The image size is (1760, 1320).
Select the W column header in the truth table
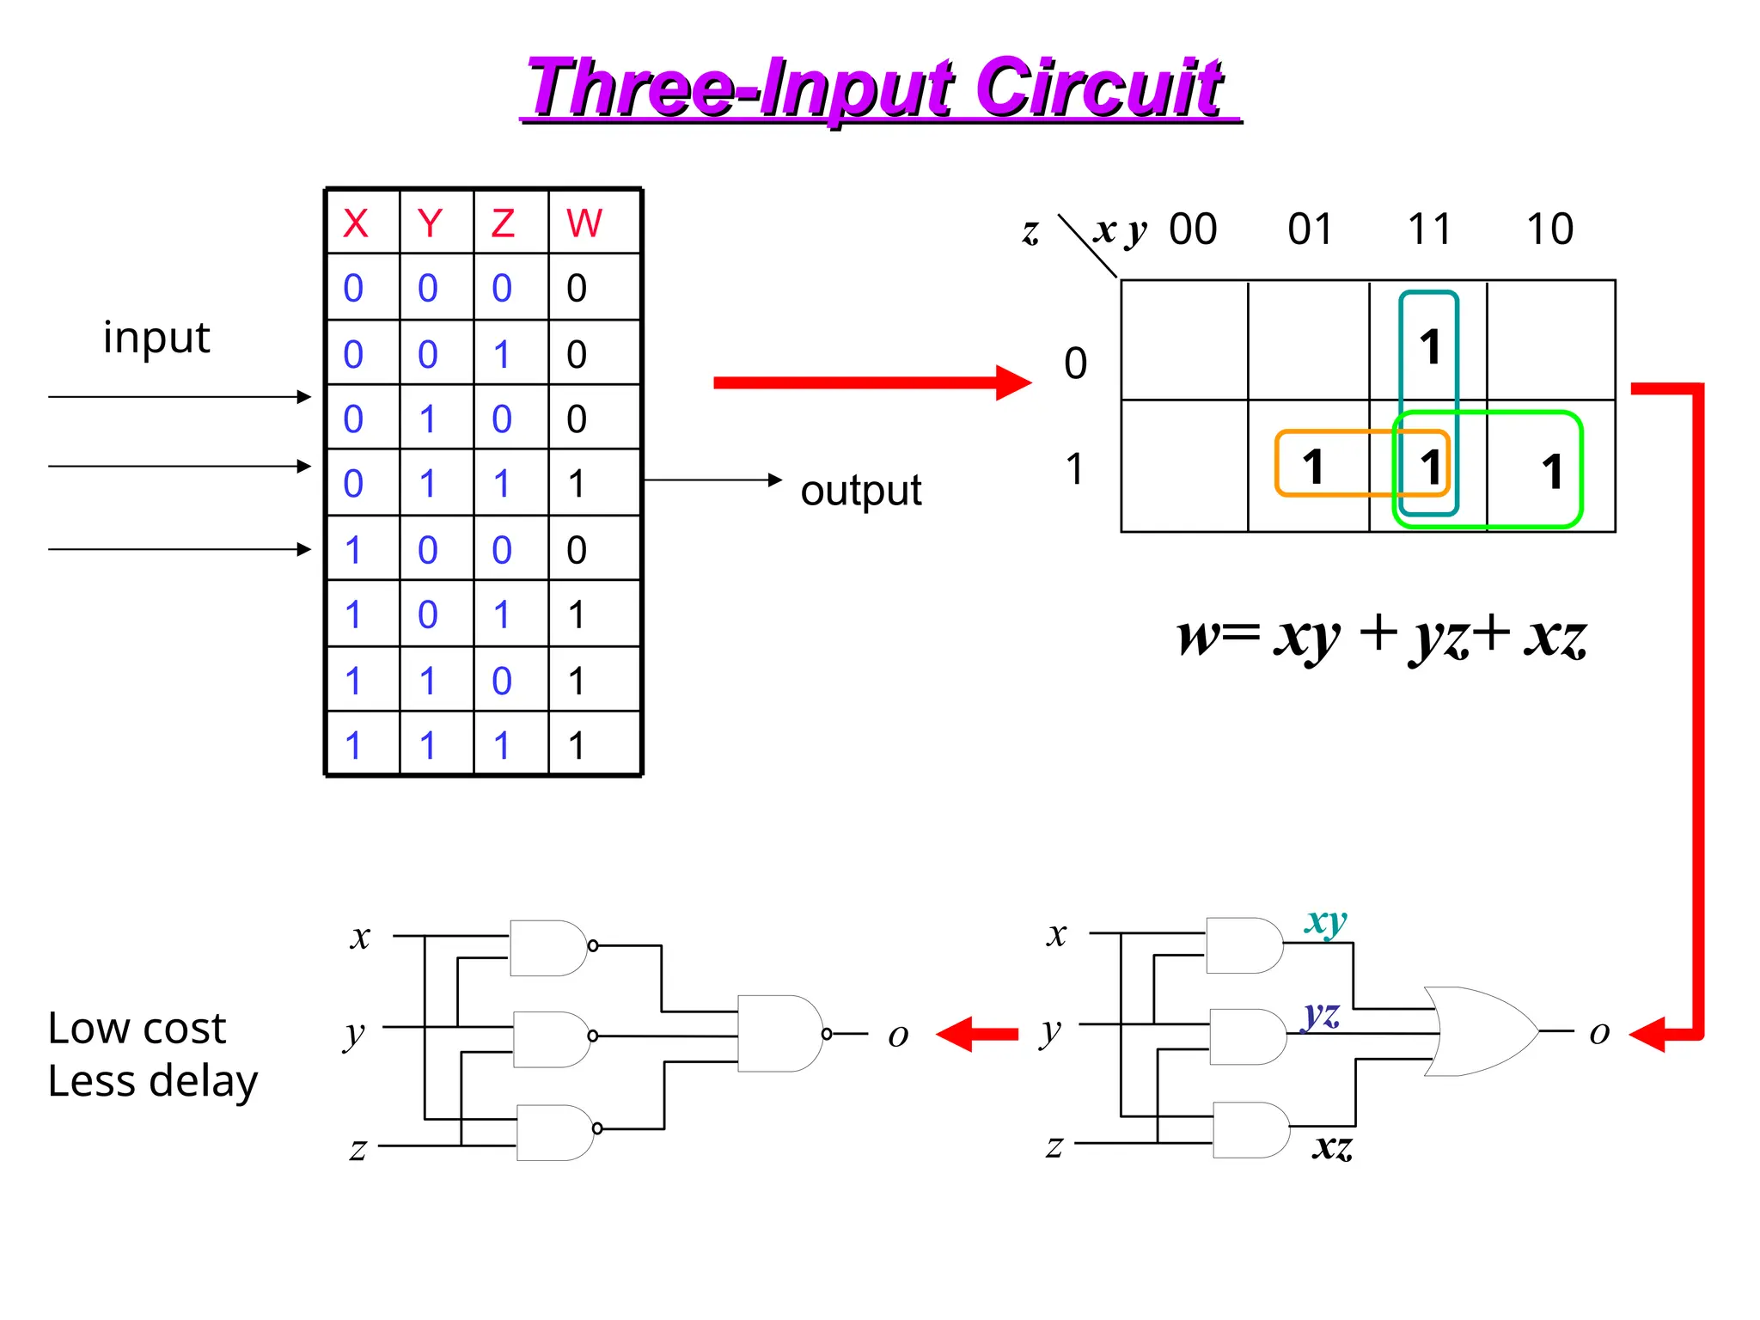584,223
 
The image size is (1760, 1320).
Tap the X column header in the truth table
355,223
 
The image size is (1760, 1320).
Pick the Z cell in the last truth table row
502,745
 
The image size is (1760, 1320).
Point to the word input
156,338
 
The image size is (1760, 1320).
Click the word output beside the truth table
860,491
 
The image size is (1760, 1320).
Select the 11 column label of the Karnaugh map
1428,229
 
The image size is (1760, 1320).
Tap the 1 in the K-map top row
1429,347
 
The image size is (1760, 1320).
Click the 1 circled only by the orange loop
1312,467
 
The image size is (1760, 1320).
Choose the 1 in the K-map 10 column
1551,471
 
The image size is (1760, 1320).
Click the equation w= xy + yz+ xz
1381,637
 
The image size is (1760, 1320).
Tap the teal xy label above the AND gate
1325,921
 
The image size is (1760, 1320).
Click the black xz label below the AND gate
1332,1146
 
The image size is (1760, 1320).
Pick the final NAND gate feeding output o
780,1034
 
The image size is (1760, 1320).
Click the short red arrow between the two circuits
976,1034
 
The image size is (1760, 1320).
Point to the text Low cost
137,1028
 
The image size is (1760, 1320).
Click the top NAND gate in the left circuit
549,948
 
